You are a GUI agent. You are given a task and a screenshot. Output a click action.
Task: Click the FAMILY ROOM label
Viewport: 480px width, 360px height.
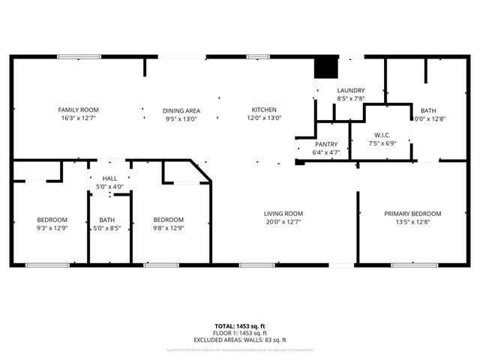pos(79,110)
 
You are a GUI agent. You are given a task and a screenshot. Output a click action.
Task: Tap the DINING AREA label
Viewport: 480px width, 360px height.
pos(181,110)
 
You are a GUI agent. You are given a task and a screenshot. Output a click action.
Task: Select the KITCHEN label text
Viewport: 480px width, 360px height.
pos(264,109)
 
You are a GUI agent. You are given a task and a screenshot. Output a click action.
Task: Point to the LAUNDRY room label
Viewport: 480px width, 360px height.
pos(350,90)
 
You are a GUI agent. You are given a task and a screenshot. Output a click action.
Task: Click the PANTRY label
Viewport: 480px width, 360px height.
pos(326,144)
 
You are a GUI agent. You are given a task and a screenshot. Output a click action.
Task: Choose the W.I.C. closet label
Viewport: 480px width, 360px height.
pos(382,135)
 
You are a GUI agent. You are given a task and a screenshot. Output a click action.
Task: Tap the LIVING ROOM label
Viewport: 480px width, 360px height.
pos(283,214)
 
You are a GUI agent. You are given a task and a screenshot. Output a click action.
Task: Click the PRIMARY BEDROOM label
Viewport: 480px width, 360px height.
pos(412,214)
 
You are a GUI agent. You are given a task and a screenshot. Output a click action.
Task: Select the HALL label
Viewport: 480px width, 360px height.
pos(109,178)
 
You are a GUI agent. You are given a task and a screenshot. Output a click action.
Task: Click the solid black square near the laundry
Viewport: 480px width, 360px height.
pos(325,67)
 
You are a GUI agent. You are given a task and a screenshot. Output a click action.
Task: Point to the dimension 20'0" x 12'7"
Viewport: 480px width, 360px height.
pos(283,222)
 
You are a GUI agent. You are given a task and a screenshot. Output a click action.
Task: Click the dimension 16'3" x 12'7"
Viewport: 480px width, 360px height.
pos(79,118)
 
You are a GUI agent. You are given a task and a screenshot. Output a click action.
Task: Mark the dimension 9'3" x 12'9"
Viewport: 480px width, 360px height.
pos(52,228)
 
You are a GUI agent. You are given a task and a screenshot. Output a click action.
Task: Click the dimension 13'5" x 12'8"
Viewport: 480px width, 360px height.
pos(412,222)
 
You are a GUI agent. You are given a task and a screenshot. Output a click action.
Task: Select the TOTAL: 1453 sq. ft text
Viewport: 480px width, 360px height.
pos(239,326)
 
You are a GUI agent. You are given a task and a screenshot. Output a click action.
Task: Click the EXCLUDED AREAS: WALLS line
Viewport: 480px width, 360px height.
pos(239,340)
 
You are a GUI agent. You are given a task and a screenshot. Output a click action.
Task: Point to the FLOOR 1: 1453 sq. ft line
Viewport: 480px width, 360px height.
pos(239,333)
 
